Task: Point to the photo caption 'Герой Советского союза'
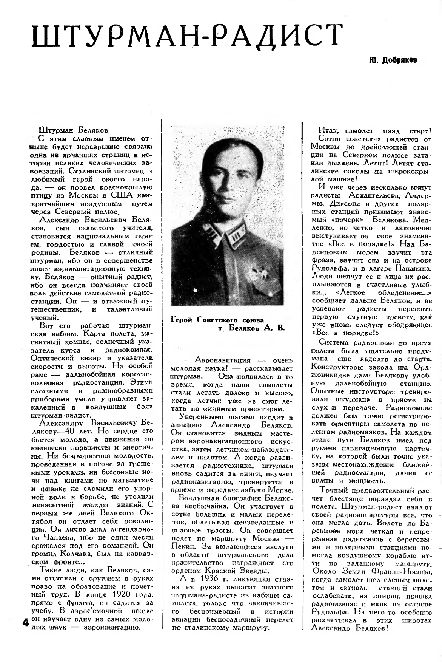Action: point(217,320)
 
